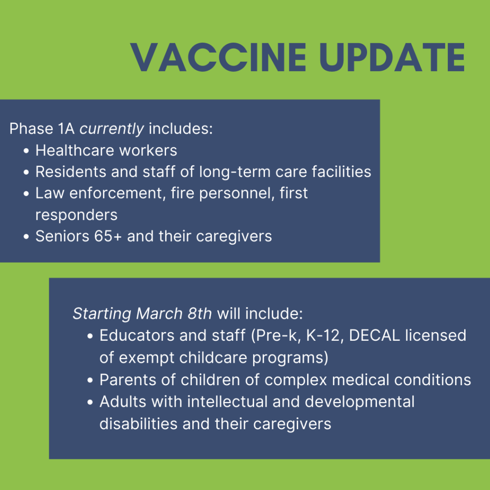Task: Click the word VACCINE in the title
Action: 218,57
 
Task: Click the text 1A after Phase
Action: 66,128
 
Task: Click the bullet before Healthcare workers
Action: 26,151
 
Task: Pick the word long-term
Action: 234,172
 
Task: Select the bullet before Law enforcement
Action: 26,194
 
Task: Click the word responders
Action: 77,215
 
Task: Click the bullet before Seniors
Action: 26,236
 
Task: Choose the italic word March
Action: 159,313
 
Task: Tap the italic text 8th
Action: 200,313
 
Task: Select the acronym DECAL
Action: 374,335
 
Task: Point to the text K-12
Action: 323,335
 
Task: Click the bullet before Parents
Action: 90,380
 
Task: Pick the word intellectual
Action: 227,402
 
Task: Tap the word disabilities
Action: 138,424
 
